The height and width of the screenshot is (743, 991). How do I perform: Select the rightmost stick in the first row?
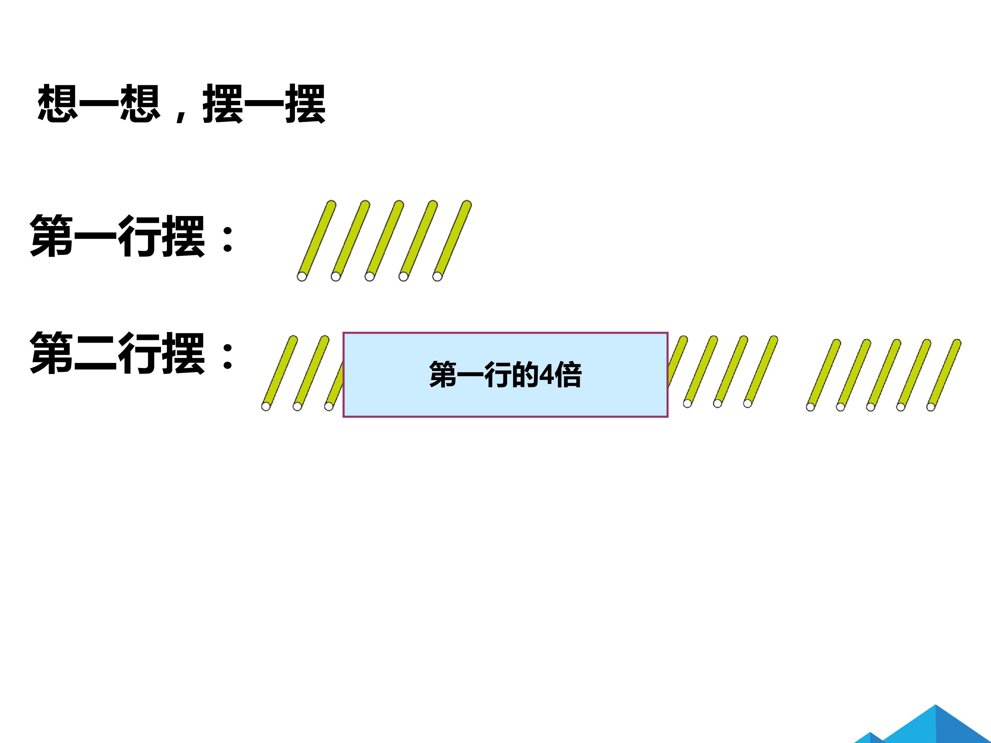[452, 240]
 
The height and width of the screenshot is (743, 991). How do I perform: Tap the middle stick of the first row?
[384, 240]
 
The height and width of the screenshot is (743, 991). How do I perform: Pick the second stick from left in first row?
[351, 240]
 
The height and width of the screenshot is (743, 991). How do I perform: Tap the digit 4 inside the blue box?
[546, 374]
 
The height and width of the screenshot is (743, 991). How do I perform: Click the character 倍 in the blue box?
[568, 374]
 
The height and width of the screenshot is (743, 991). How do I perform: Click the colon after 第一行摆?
[227, 239]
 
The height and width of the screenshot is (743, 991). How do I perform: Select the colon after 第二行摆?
[227, 355]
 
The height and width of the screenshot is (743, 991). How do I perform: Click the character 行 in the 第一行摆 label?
[139, 236]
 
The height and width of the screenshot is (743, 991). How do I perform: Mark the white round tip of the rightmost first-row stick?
[437, 276]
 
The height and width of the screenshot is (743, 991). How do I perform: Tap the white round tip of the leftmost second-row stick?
[266, 406]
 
